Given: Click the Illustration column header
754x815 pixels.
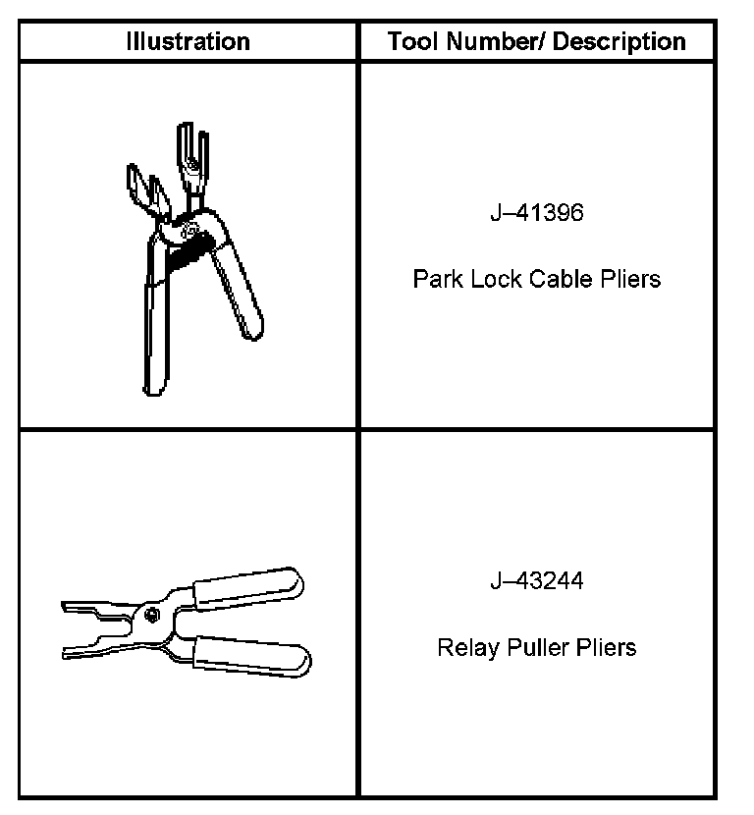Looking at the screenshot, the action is click(188, 41).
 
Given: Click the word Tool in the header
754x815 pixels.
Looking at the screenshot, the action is click(409, 41).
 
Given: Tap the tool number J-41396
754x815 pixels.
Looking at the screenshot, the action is click(536, 214).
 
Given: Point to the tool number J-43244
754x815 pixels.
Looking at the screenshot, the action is click(536, 581).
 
